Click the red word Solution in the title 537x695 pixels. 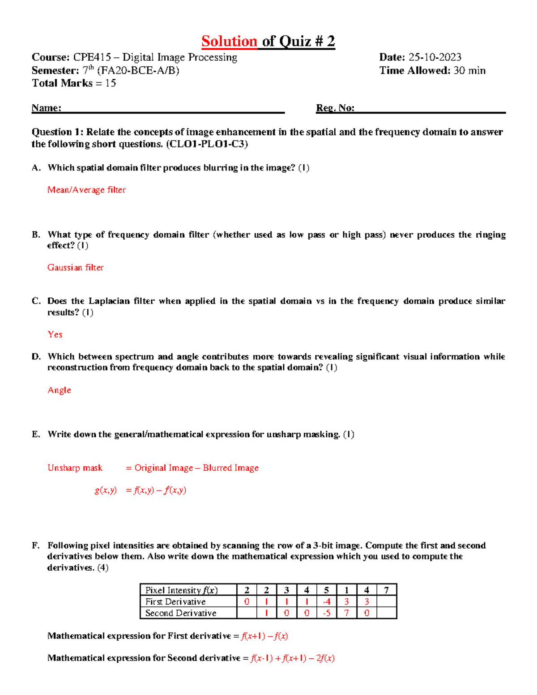[229, 41]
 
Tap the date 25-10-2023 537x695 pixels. [435, 57]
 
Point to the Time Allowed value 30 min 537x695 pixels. [469, 70]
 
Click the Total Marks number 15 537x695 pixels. [111, 83]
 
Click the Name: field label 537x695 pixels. [46, 108]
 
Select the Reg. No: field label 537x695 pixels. [335, 108]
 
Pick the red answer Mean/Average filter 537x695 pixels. [86, 190]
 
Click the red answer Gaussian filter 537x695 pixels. [75, 267]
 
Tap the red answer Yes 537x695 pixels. [55, 334]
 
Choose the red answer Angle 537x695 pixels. [59, 390]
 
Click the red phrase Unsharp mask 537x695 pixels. [75, 468]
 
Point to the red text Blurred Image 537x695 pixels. [230, 468]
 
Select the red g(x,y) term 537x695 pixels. [106, 490]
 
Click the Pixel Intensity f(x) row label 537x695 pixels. [181, 590]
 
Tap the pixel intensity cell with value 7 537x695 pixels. [386, 590]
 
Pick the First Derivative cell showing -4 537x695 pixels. [327, 602]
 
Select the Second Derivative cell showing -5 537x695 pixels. [327, 613]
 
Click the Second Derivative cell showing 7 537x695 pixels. [346, 613]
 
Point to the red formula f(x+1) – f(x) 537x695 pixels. [264, 636]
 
